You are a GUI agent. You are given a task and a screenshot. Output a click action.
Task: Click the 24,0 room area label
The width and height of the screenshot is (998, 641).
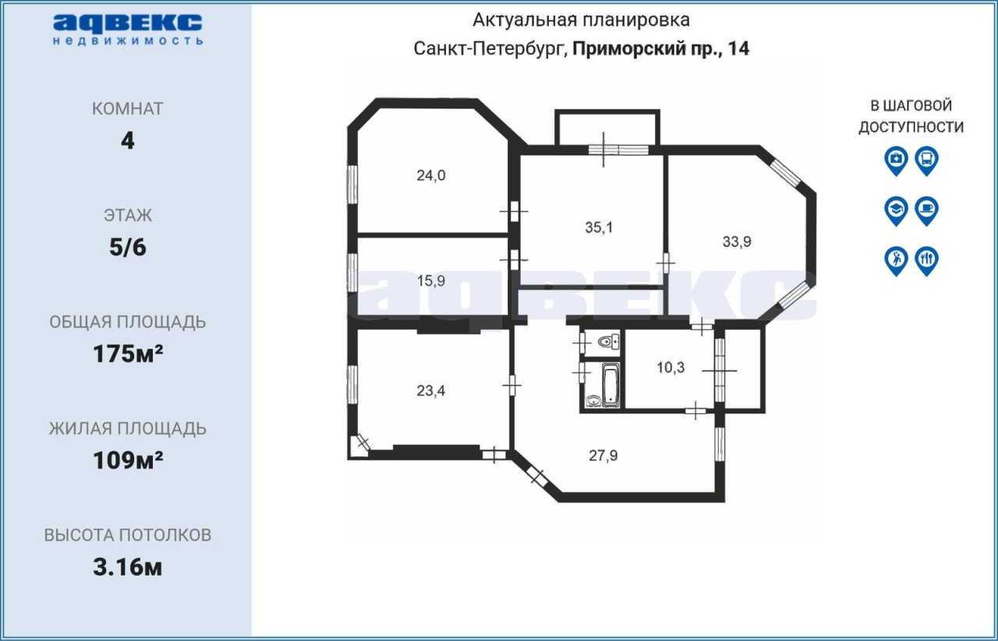[431, 175]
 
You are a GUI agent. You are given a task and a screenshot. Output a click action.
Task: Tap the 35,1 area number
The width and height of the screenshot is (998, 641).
[599, 228]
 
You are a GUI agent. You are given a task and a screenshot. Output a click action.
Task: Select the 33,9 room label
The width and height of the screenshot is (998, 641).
[737, 242]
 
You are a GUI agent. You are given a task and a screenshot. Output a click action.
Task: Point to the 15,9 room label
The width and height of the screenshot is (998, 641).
[431, 281]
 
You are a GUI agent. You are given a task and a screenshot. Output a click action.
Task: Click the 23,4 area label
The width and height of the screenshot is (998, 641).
[431, 391]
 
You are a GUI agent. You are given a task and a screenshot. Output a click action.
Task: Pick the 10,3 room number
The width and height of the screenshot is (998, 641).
[671, 368]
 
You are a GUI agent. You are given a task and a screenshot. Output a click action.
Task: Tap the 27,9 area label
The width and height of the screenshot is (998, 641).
[603, 455]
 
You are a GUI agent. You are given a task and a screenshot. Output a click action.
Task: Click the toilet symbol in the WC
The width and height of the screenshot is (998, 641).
[609, 342]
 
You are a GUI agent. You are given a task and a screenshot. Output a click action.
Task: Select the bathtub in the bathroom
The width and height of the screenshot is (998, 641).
[610, 384]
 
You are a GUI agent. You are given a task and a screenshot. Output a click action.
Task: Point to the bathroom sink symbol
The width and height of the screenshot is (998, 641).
[593, 401]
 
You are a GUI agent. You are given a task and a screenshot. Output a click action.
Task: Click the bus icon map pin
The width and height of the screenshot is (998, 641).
[927, 161]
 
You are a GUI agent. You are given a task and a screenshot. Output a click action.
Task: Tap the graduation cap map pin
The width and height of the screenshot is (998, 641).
[897, 211]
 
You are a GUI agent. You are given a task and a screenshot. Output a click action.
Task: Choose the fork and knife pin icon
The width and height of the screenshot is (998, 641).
[927, 261]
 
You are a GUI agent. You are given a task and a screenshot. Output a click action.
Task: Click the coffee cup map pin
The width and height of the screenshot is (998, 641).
[927, 211]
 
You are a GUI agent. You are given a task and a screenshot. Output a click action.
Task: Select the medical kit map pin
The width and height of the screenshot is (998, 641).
[897, 161]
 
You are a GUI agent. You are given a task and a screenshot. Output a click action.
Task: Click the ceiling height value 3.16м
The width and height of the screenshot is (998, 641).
[127, 568]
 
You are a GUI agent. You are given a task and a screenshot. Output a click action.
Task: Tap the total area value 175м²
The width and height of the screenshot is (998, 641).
[128, 354]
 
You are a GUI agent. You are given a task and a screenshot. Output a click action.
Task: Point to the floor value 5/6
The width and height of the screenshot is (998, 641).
[128, 247]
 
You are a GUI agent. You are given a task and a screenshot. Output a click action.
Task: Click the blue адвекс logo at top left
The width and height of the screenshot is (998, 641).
[128, 30]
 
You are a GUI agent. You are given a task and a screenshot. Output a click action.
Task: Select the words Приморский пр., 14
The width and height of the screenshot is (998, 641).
[660, 48]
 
